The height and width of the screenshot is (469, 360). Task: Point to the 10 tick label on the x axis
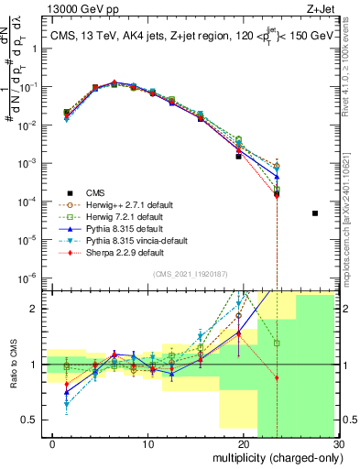(147, 443)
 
